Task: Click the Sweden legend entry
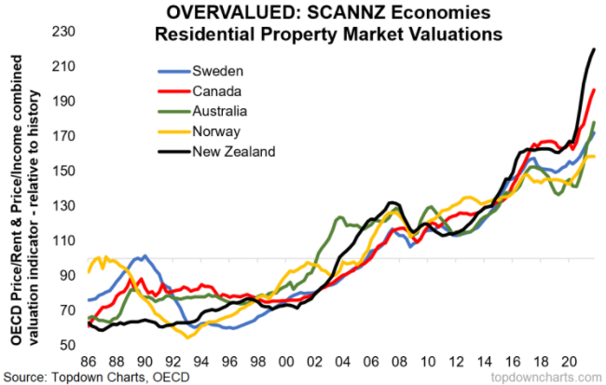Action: click(213, 71)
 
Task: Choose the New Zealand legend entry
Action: click(233, 151)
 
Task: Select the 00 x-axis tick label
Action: click(286, 360)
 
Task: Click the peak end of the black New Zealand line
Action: click(595, 49)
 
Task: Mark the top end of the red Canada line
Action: click(594, 89)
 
